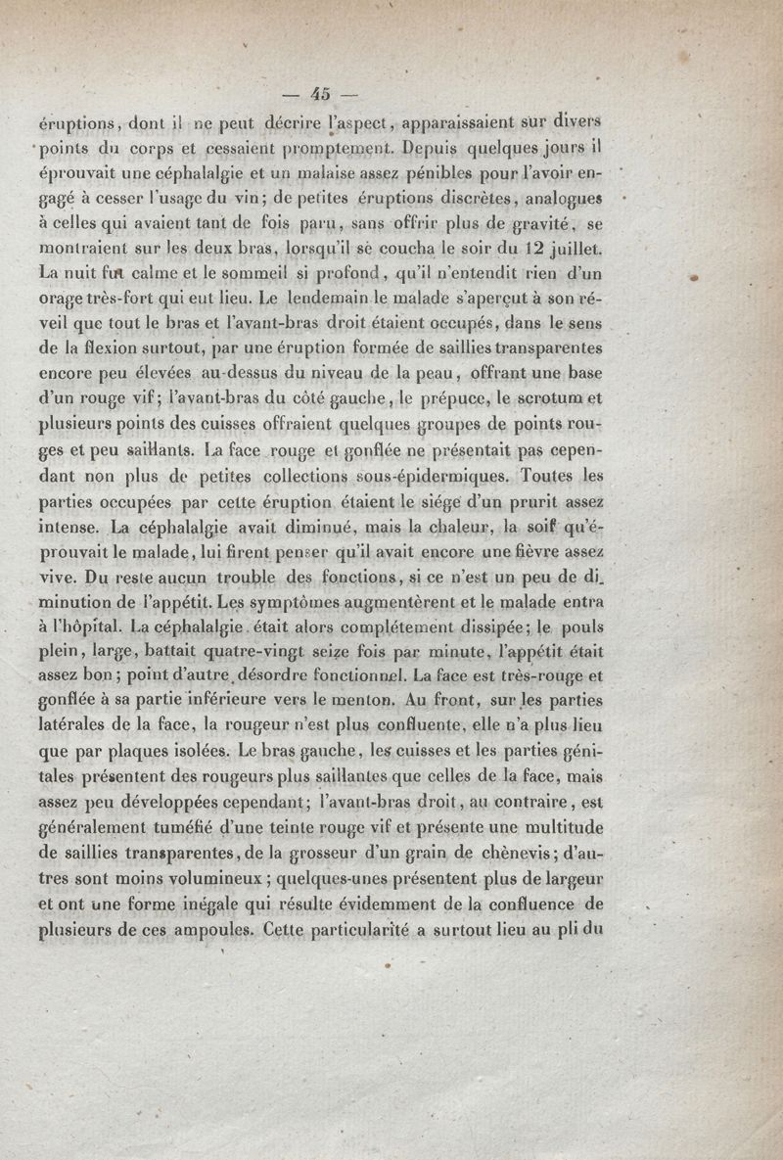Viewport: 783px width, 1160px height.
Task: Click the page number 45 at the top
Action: point(321,94)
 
